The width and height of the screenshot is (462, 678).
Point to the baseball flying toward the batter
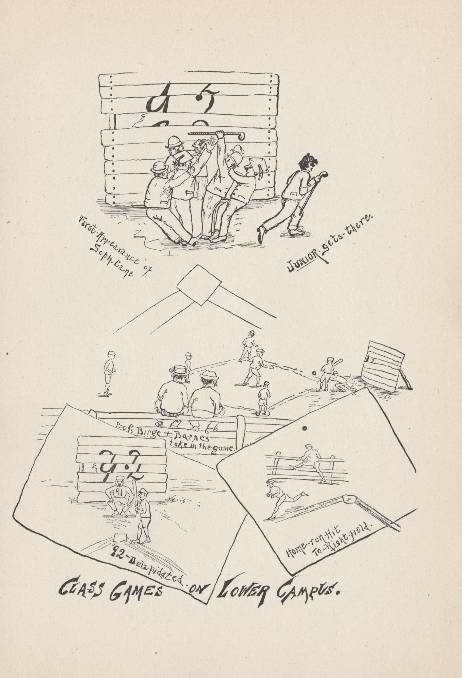pos(314,373)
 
